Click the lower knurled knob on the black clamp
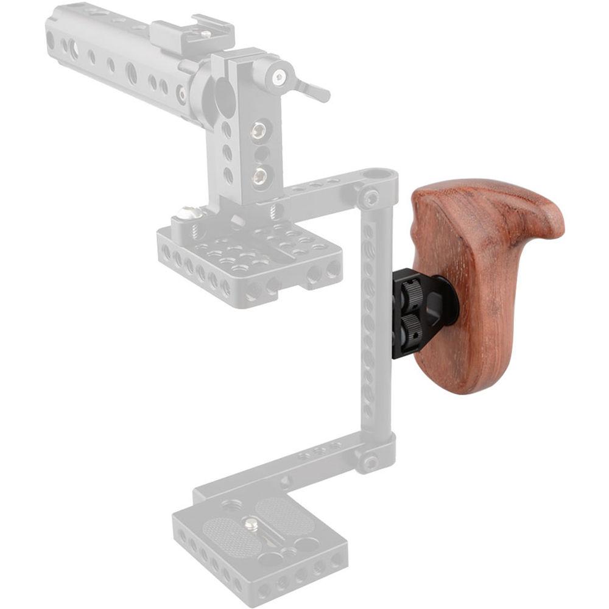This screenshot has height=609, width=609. point(409,325)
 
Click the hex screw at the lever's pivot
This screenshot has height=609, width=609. point(279,77)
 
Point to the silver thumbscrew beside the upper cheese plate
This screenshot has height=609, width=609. point(189,214)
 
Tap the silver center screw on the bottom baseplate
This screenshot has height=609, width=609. point(249,522)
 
